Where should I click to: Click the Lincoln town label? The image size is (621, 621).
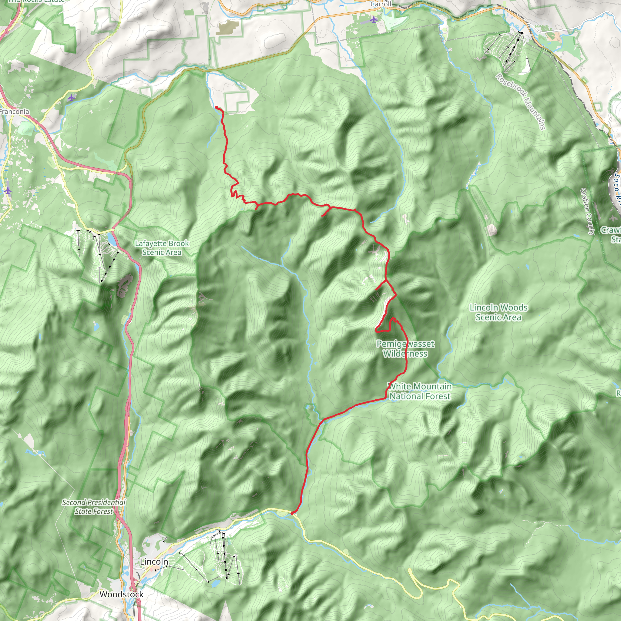154,562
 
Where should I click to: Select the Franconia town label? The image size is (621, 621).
14,112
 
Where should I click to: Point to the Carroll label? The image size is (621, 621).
381,4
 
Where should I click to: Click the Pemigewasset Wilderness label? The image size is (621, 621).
405,349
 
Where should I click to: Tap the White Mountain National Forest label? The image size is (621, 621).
420,391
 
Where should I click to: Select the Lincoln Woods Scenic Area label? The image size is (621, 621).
498,312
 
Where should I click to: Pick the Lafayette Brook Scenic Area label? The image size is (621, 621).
162,248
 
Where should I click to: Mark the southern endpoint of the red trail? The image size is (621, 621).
292,513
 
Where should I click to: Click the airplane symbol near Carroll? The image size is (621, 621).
373,20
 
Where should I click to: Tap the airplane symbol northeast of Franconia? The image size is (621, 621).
71,97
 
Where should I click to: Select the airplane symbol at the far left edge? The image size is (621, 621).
8,191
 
